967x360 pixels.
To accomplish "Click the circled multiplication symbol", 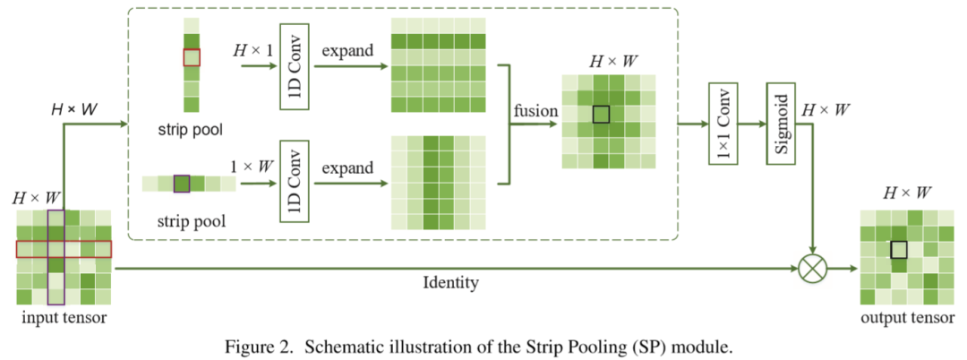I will point(813,267).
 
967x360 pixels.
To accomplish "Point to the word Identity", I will point(449,283).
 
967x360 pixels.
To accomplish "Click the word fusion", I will point(535,111).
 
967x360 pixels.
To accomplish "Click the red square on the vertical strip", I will point(190,57).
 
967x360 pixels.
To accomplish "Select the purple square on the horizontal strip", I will point(182,184).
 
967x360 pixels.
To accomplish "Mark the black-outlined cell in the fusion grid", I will point(600,114).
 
